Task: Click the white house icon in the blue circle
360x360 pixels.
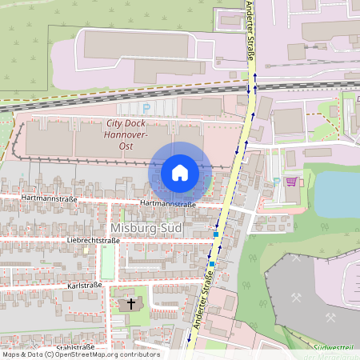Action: click(180, 173)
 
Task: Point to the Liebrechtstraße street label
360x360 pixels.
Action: click(93, 240)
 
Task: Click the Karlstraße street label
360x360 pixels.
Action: click(85, 285)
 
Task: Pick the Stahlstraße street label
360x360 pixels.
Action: click(75, 347)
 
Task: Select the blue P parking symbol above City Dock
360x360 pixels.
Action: click(146, 106)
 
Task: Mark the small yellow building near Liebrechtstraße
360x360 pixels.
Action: click(86, 250)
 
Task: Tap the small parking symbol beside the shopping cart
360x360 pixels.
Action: click(277, 182)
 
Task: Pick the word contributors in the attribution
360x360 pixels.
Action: click(140, 354)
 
